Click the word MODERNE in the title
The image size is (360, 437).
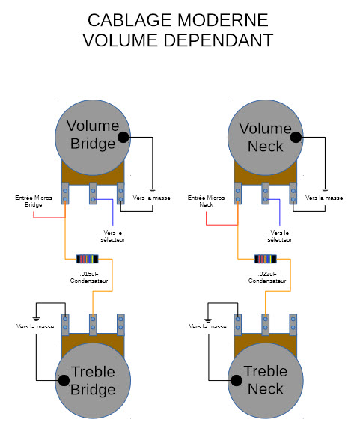click(x=222, y=20)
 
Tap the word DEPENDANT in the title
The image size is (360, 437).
click(x=218, y=40)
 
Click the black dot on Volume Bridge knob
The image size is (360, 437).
click(x=123, y=137)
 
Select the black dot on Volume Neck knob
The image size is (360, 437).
click(x=296, y=137)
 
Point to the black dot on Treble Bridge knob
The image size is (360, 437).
click(x=64, y=380)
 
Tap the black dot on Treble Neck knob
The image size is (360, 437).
click(x=237, y=380)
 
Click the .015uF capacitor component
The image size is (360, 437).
click(x=88, y=259)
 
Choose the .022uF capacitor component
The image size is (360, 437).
click(x=266, y=259)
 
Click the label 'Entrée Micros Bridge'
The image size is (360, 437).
click(x=34, y=201)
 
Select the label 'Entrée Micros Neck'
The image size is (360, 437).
click(x=206, y=201)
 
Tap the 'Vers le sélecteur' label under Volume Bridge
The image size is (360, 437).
click(x=113, y=236)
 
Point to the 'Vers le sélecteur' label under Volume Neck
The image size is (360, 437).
click(x=280, y=236)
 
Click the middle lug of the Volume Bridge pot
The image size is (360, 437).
click(x=93, y=193)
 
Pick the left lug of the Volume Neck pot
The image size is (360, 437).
click(x=237, y=193)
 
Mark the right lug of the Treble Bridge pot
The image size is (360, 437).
click(x=120, y=325)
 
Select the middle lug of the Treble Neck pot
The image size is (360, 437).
click(x=265, y=325)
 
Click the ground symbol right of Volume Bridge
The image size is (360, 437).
click(x=152, y=190)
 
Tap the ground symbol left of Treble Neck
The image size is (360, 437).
click(x=208, y=320)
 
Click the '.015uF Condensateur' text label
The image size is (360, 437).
click(x=89, y=278)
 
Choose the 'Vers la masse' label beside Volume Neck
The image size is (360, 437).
click(x=324, y=198)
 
